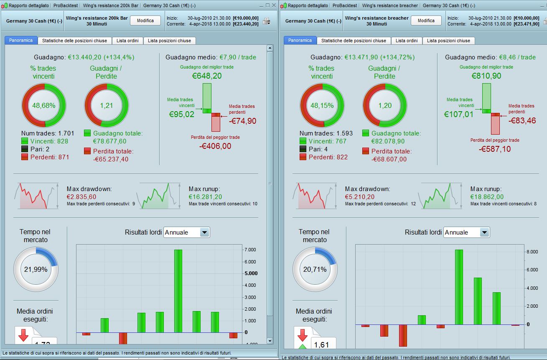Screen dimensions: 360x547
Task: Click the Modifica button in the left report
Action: (145, 20)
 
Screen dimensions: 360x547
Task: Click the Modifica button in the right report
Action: (426, 20)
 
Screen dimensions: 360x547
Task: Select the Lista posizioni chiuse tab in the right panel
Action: (448, 41)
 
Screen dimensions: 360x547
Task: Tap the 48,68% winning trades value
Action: (44, 105)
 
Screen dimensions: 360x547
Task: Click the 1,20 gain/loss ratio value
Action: (385, 105)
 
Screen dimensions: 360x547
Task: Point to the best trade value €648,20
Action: (207, 76)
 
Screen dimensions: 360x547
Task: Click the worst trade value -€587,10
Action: (495, 149)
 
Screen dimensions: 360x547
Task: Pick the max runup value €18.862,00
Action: (487, 197)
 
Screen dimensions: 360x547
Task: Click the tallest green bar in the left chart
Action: (178, 291)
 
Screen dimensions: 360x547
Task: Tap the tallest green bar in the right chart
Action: (459, 287)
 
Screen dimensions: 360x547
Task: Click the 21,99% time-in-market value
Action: (36, 270)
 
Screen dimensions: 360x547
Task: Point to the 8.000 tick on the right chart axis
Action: (532, 252)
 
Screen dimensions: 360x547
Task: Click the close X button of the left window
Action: (274, 5)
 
